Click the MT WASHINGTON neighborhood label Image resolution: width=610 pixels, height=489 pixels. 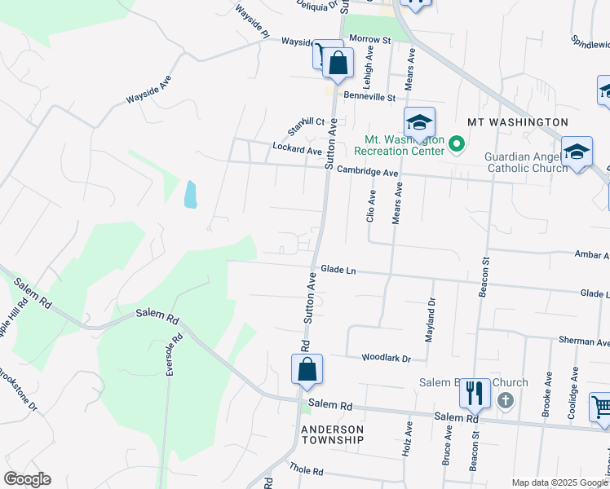point(517,122)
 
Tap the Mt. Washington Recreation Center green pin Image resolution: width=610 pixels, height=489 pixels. point(457,146)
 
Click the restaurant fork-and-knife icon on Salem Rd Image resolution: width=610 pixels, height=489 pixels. point(474,394)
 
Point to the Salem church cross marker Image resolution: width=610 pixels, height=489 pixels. point(506,400)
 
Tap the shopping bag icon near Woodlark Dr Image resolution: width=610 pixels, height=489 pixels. point(307,370)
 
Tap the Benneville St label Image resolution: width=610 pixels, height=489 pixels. point(369,97)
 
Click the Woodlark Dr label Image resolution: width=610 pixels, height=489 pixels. point(387,358)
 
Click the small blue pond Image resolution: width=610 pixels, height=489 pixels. point(190,194)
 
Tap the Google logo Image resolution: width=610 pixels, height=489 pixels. point(27,479)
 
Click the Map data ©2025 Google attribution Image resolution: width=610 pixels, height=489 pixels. point(559,482)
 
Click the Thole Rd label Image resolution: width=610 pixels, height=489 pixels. point(307,470)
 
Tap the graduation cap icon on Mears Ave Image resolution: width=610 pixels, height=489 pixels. point(419,123)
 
